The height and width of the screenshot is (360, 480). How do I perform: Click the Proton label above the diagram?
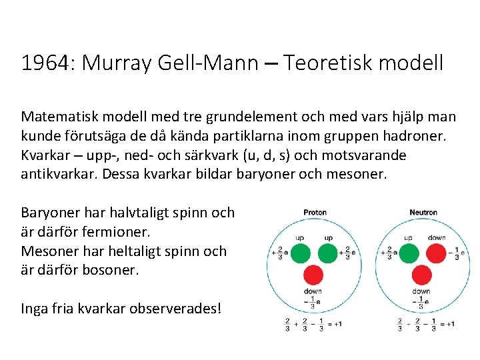pos(315,213)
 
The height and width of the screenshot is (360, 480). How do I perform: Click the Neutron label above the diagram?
pos(423,213)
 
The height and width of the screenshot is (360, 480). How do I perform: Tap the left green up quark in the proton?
pos(300,253)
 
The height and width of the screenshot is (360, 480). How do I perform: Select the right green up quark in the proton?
pos(329,253)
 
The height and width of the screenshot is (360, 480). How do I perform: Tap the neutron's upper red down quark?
pos(437,253)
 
